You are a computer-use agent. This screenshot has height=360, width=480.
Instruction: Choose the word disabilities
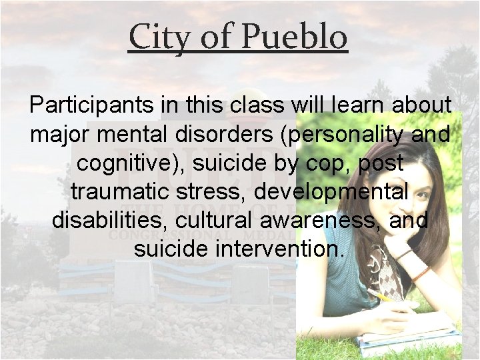[107, 220]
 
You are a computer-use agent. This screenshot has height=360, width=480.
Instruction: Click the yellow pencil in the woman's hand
[385, 296]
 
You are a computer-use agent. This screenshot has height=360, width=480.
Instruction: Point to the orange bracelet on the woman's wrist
[421, 273]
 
